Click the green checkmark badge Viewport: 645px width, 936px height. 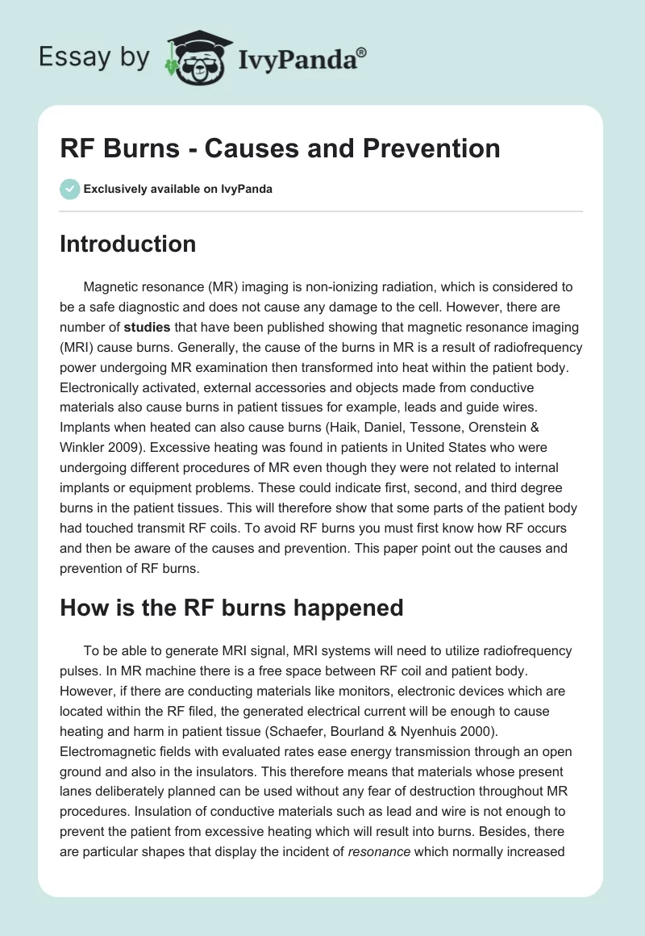pos(69,189)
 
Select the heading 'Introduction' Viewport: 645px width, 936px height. pos(127,244)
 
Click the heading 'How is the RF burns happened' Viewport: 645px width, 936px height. pos(231,607)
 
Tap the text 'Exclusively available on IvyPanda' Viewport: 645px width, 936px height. pos(178,190)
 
